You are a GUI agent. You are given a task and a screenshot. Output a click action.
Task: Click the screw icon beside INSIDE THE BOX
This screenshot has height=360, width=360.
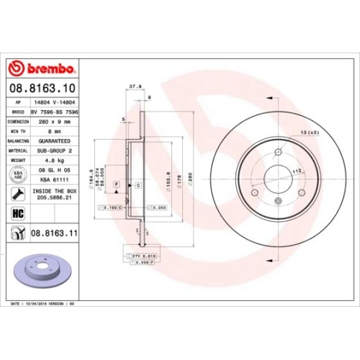coord(16,193)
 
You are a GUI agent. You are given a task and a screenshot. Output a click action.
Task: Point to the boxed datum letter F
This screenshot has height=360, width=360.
coord(114,185)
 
